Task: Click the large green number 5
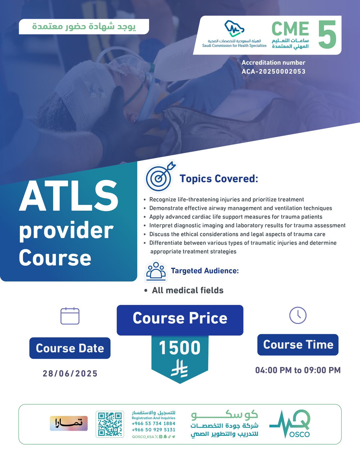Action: [x=327, y=34]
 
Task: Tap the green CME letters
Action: [x=290, y=29]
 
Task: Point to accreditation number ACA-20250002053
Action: [x=274, y=71]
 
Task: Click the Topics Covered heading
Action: [x=219, y=179]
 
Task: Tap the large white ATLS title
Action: [x=69, y=196]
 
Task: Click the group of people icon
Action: [x=156, y=271]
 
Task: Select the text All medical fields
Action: [x=188, y=290]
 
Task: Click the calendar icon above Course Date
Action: [x=70, y=316]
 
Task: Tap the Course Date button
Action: [x=70, y=348]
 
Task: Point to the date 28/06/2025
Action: [x=70, y=373]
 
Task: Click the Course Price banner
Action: [x=180, y=320]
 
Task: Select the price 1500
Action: [x=180, y=348]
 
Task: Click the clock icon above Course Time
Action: [x=298, y=315]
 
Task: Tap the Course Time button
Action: [x=298, y=345]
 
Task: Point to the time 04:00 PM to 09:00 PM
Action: [x=298, y=370]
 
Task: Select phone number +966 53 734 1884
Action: [x=154, y=424]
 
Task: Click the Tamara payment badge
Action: [x=69, y=423]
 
